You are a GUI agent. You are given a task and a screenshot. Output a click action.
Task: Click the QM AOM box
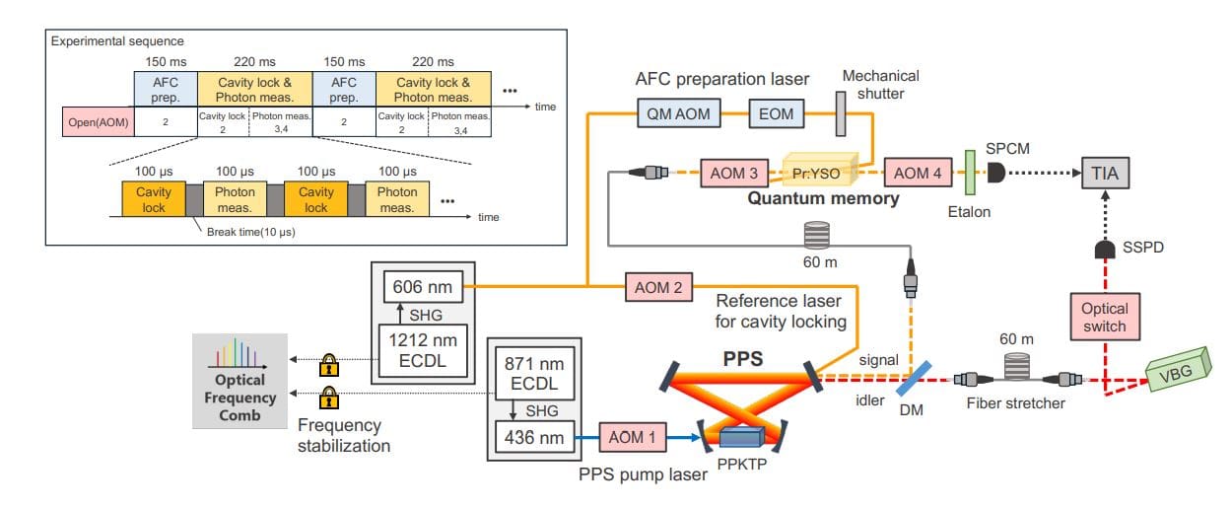pyautogui.click(x=680, y=114)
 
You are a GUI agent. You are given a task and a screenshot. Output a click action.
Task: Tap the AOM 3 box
pyautogui.click(x=734, y=174)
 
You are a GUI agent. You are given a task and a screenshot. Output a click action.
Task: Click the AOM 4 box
pyautogui.click(x=918, y=174)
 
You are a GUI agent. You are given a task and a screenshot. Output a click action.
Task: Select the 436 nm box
pyautogui.click(x=533, y=435)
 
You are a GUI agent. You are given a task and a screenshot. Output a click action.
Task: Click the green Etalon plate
pyautogui.click(x=970, y=173)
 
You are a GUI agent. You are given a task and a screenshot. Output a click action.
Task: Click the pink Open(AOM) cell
pyautogui.click(x=98, y=121)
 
